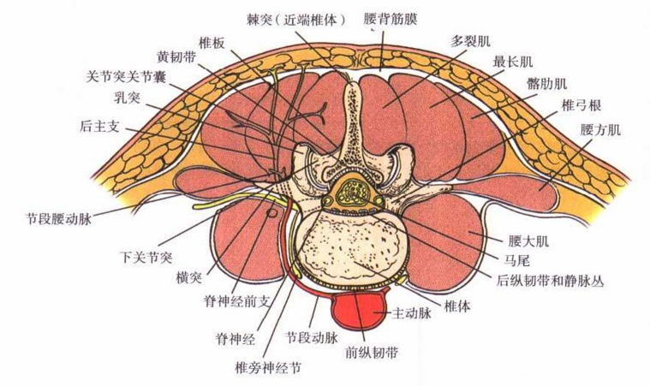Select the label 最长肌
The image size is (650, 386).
tap(513, 62)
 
